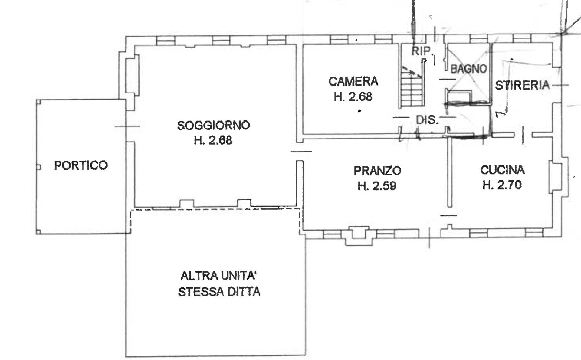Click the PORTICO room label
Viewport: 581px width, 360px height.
tap(81, 165)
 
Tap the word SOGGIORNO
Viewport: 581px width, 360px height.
tap(214, 125)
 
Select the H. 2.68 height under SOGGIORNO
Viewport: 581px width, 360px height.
tap(213, 140)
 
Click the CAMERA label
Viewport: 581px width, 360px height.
tap(353, 81)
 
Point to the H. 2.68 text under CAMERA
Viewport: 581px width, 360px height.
tap(353, 97)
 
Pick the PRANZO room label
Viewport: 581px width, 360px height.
tap(377, 171)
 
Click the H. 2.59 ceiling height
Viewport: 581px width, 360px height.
tap(377, 186)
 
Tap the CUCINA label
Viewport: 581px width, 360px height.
tap(502, 170)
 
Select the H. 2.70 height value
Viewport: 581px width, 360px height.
tap(502, 185)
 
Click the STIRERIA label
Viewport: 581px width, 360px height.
tap(522, 85)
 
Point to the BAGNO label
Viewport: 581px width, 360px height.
tap(469, 69)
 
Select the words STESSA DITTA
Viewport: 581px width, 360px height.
tap(219, 292)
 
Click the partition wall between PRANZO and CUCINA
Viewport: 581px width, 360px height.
tap(449, 172)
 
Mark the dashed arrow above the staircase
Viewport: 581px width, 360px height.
tap(412, 72)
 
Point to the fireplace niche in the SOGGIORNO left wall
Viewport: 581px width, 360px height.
tap(132, 74)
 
